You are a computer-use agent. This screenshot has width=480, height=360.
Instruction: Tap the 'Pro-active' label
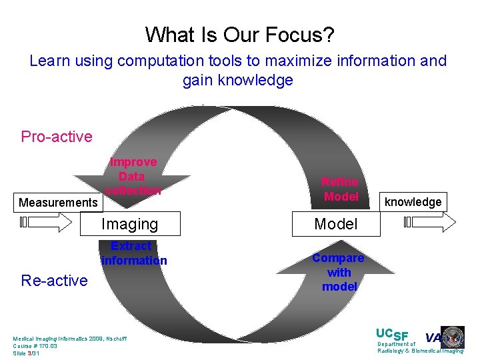pos(57,137)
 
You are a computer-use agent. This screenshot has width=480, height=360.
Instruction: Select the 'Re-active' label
pos(54,281)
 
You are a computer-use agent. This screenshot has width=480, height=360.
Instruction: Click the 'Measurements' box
pos(58,202)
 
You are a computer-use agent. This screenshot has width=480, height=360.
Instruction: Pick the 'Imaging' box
pos(129,225)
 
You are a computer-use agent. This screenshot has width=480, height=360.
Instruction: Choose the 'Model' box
pos(336,225)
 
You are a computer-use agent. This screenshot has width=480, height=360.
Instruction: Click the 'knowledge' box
pos(413,202)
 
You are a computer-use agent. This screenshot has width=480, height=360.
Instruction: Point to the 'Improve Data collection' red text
pos(133,177)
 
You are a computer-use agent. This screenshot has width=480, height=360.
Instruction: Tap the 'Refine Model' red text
pos(340,189)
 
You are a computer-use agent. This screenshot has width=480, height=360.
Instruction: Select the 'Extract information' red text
pos(133,253)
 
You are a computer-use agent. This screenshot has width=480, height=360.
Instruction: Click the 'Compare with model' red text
pos(339,272)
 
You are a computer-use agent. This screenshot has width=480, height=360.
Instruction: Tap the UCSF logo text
pos(392,334)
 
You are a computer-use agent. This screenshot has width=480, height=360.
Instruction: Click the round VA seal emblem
pos(453,337)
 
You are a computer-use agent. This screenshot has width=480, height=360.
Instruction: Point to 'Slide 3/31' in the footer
pos(27,353)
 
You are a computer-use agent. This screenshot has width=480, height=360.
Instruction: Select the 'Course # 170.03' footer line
pos(35,346)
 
